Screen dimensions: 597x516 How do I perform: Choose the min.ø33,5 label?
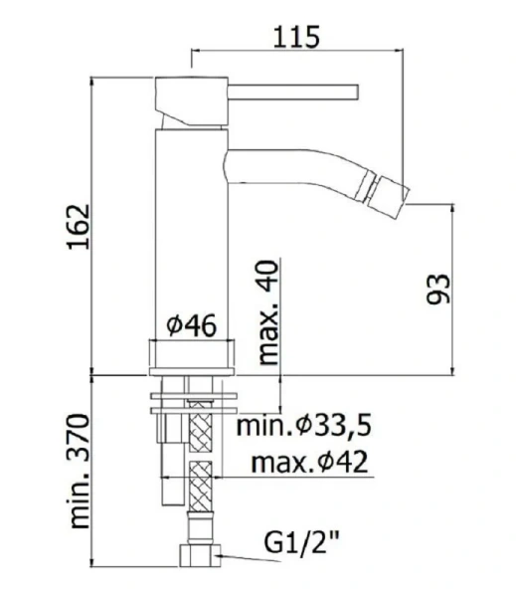coord(304,428)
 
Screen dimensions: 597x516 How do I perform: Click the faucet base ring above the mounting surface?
coord(193,356)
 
